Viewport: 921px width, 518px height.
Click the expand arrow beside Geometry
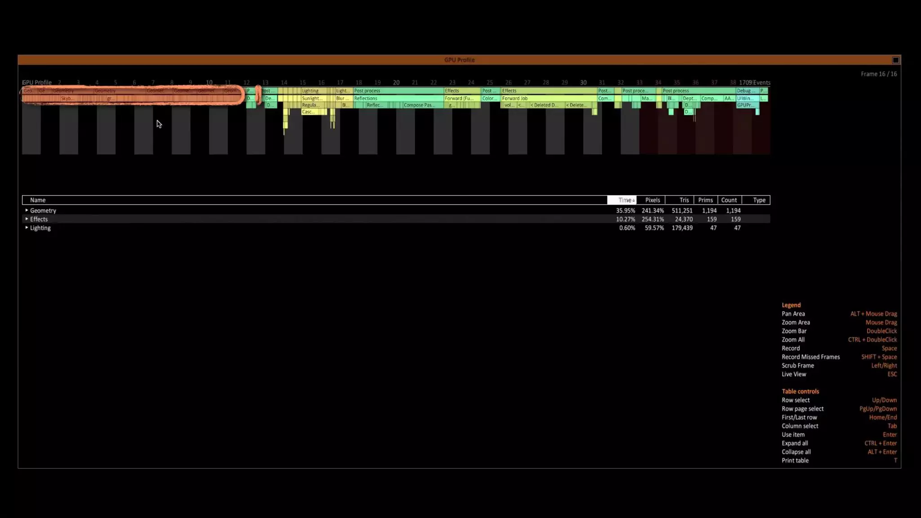pyautogui.click(x=27, y=210)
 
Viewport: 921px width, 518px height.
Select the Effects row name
pyautogui.click(x=39, y=219)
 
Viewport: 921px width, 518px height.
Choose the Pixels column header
pyautogui.click(x=652, y=200)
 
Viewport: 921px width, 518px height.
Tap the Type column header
pyautogui.click(x=759, y=200)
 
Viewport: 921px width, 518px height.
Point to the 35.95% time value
pyautogui.click(x=626, y=210)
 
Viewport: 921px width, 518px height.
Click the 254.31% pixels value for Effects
pyautogui.click(x=653, y=219)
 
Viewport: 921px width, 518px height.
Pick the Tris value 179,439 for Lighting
pyautogui.click(x=682, y=228)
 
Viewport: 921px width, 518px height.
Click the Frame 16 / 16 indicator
pyautogui.click(x=878, y=74)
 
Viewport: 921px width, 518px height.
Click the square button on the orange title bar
pyautogui.click(x=895, y=60)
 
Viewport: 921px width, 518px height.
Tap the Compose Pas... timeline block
pyautogui.click(x=419, y=105)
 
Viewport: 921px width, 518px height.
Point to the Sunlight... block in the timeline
pyautogui.click(x=312, y=98)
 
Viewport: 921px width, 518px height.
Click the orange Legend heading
pyautogui.click(x=791, y=305)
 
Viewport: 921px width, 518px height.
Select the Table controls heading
pyautogui.click(x=800, y=391)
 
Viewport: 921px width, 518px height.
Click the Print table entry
pyautogui.click(x=795, y=460)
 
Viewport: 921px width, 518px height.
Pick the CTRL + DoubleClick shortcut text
pyautogui.click(x=872, y=339)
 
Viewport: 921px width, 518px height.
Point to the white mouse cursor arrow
pyautogui.click(x=159, y=124)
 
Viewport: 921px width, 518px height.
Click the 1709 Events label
pyautogui.click(x=755, y=83)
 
